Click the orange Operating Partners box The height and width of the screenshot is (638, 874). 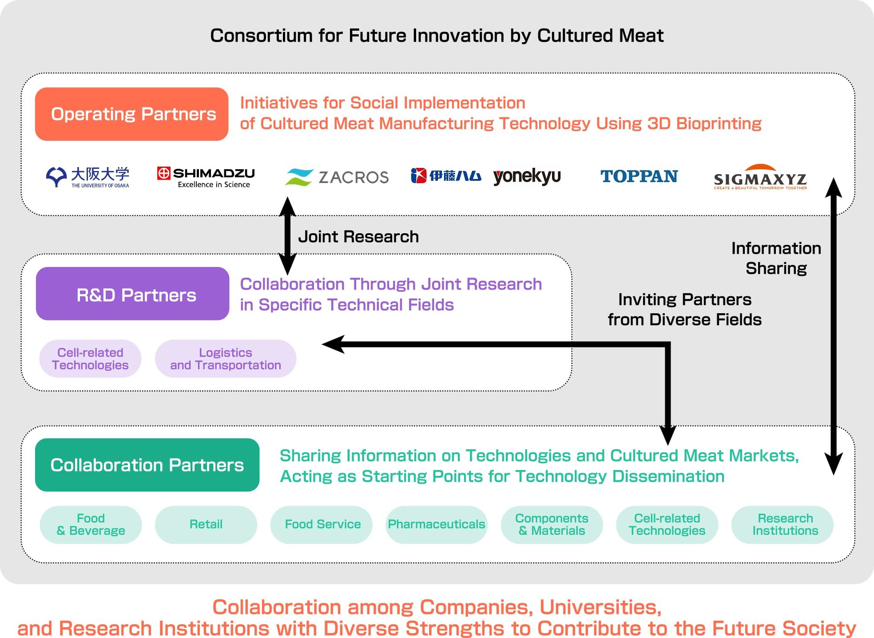point(131,114)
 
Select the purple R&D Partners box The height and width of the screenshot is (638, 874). point(132,294)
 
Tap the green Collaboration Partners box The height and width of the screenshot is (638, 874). point(147,465)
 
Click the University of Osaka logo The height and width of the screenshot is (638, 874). point(87,177)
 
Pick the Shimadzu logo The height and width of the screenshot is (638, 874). point(206,177)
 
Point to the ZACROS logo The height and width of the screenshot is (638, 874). point(337,177)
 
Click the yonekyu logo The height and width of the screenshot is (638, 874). point(527,176)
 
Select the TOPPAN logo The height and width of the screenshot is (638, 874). point(639,176)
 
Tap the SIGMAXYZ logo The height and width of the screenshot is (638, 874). point(760,177)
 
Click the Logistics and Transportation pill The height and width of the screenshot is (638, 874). point(226,359)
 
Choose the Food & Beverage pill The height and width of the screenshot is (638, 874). point(91,525)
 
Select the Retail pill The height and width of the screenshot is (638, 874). point(206,525)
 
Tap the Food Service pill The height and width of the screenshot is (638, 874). point(322,525)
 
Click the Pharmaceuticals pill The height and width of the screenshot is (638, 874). point(436,525)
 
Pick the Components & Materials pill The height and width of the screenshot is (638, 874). point(552,525)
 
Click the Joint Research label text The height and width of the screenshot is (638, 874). point(358,237)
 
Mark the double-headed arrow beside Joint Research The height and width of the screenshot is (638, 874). point(287,235)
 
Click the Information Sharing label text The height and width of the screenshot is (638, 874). point(776,258)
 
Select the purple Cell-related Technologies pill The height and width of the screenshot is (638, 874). point(90,359)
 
